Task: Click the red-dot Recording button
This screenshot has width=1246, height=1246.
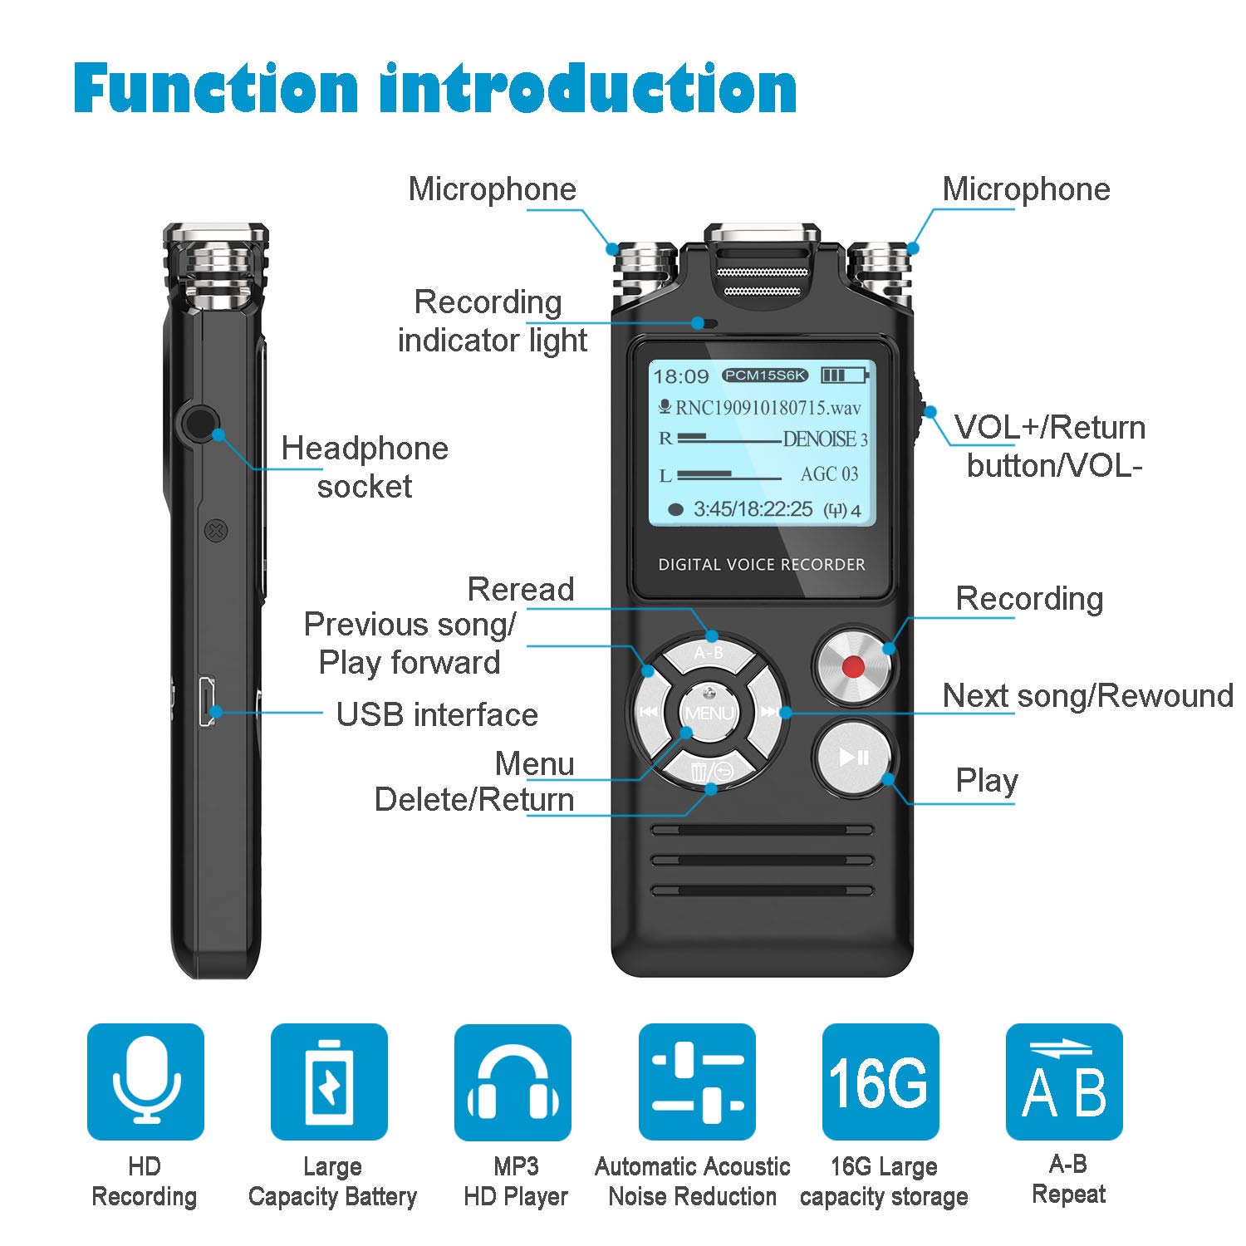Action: (852, 666)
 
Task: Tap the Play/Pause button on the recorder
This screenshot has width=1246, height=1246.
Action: (853, 757)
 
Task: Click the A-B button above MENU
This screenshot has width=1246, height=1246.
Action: (708, 653)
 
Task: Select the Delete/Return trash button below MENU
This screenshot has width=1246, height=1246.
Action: (711, 772)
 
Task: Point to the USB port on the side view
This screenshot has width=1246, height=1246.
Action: (207, 702)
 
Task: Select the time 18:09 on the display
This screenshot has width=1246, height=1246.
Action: (680, 377)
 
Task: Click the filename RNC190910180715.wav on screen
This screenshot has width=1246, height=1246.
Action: (768, 408)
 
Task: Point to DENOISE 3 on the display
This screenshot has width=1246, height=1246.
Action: (825, 439)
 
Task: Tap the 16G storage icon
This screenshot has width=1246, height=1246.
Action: (880, 1082)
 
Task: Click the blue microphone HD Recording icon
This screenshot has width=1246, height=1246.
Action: (145, 1082)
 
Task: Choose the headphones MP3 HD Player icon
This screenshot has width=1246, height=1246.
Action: (513, 1082)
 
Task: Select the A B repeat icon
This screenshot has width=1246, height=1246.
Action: (1064, 1082)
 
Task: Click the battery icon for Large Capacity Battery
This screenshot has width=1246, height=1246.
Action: (329, 1082)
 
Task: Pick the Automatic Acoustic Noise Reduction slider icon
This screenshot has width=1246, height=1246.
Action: (697, 1082)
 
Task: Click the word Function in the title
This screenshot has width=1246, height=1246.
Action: (216, 88)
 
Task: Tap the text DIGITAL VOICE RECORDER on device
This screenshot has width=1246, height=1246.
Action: (761, 565)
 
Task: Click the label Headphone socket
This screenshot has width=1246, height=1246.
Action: (365, 467)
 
